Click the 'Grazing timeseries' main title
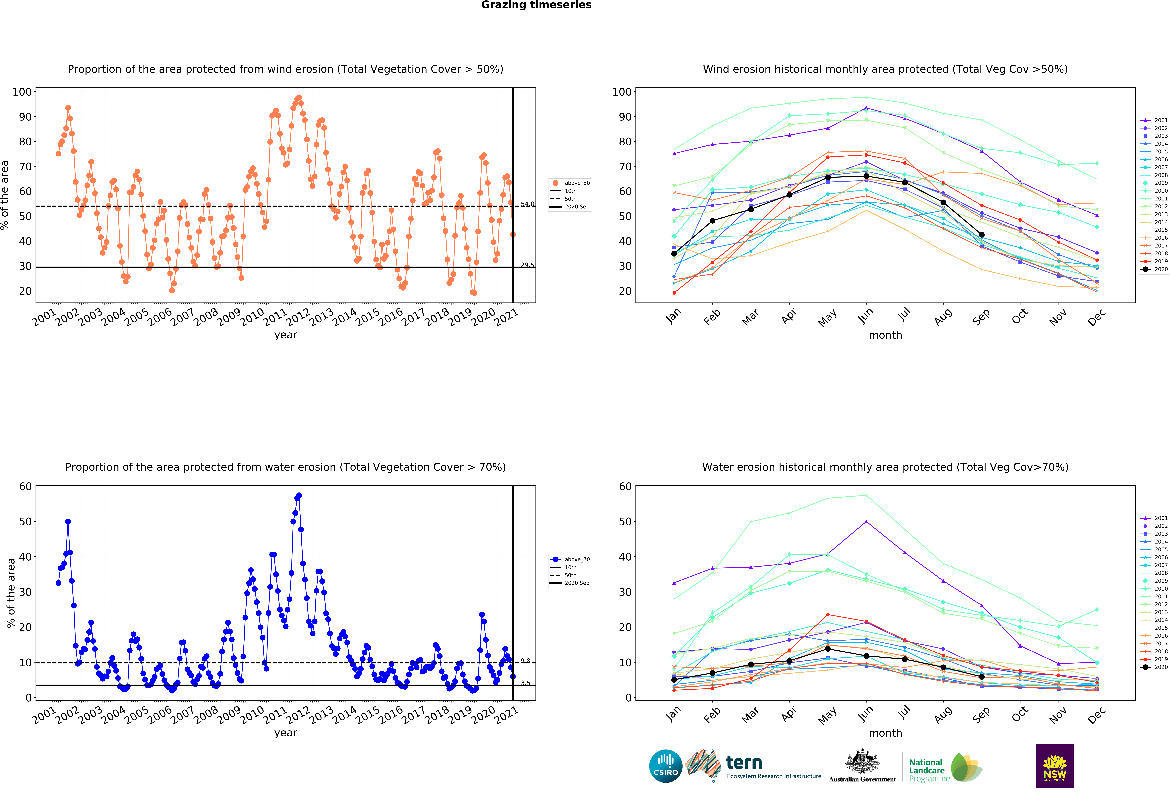(x=536, y=5)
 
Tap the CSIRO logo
(x=666, y=766)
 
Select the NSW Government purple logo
(x=1055, y=766)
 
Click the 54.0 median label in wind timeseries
(x=527, y=204)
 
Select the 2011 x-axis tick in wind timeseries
(x=276, y=317)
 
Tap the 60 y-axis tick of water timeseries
(x=25, y=487)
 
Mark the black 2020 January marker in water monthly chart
(x=674, y=680)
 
